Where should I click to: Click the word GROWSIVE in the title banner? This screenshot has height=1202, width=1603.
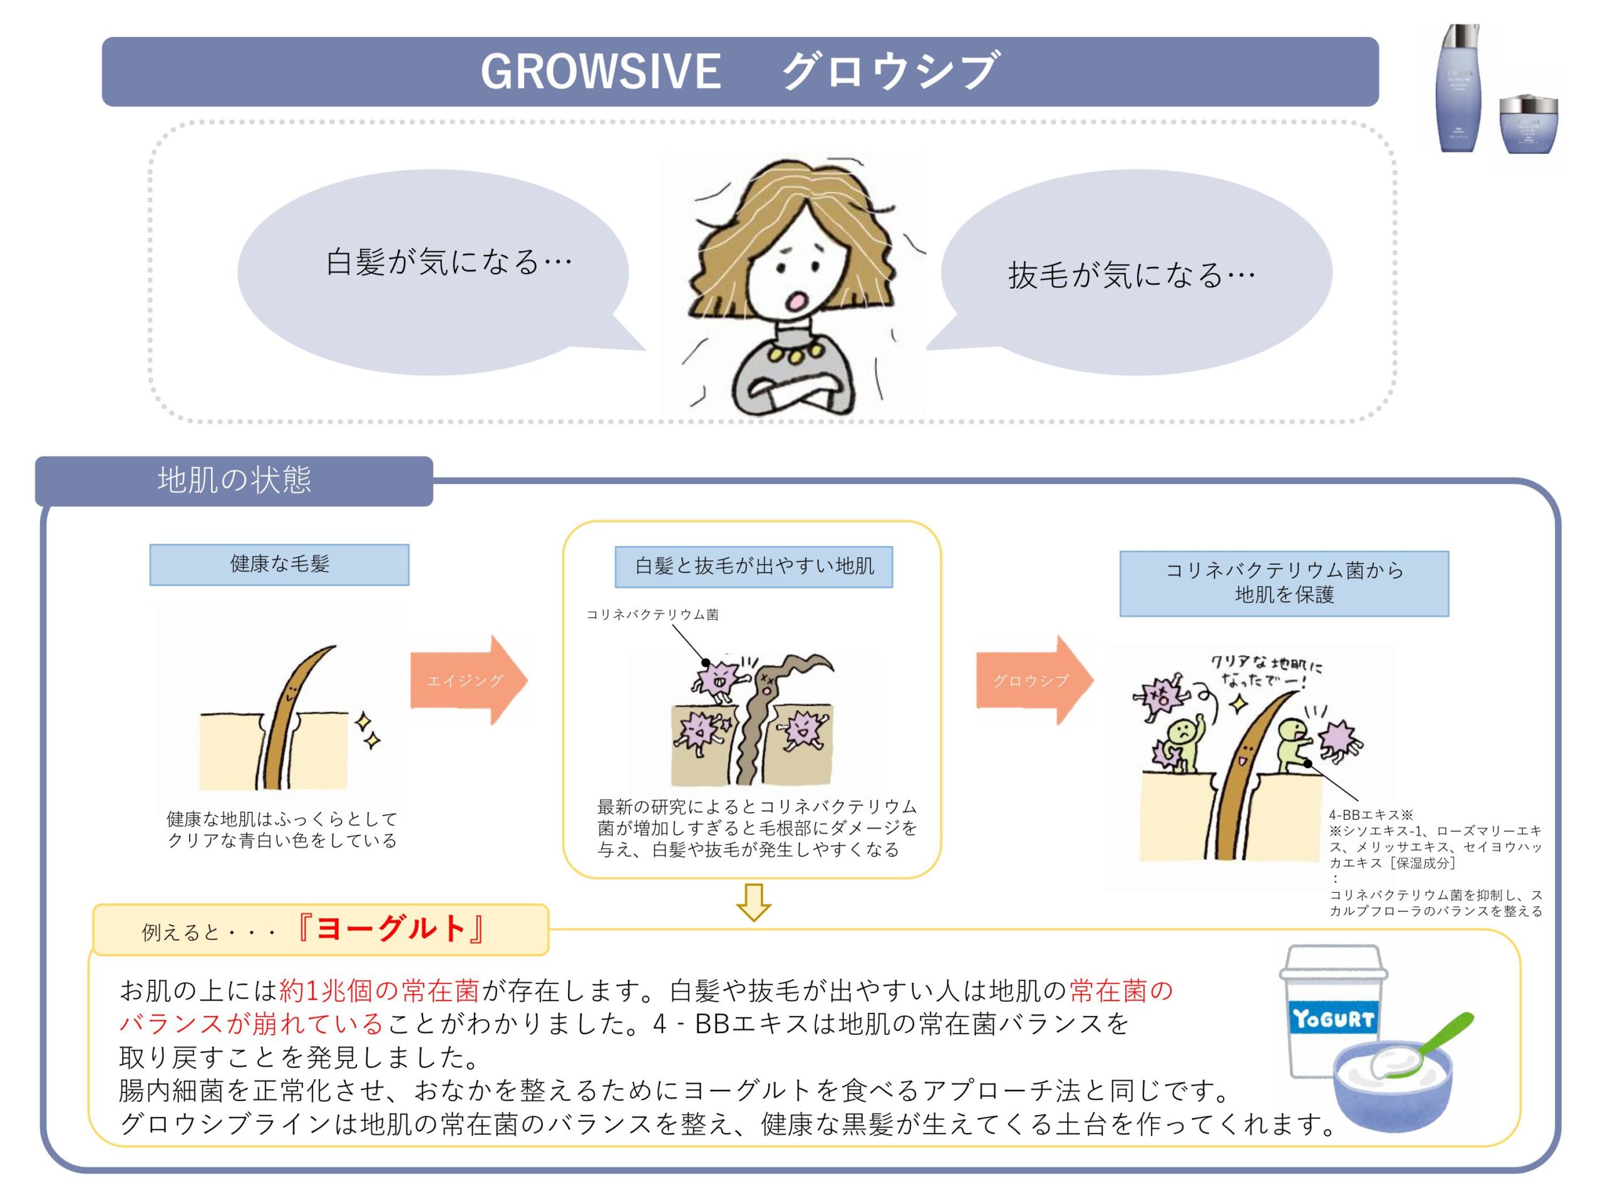(600, 72)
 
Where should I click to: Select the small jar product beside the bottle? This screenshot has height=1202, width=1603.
(1528, 124)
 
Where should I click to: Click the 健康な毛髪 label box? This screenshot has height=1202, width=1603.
(279, 565)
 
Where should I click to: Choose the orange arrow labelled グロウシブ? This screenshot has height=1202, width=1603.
(1033, 681)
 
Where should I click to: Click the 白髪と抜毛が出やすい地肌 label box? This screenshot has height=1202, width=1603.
(754, 566)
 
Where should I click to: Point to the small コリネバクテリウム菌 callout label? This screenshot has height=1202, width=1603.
(652, 614)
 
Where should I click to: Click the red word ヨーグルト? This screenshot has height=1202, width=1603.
(391, 929)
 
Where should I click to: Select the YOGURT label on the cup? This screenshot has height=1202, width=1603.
(1332, 1019)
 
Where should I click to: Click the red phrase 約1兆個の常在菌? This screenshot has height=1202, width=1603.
(379, 990)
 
